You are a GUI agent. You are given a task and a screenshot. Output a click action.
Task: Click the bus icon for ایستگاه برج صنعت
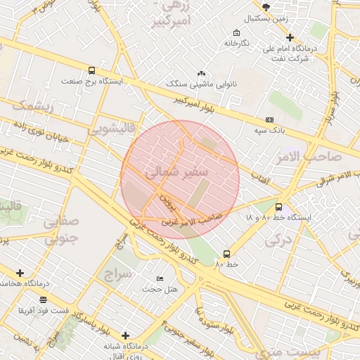[x=91, y=70]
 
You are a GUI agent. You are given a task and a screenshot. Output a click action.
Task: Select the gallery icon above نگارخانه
[x=236, y=33]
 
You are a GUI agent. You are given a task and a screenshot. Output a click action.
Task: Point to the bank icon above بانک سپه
[x=269, y=120]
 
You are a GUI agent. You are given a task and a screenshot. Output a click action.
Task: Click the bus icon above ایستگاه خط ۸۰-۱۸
[x=279, y=207]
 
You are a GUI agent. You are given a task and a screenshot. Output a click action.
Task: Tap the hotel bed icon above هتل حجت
[x=160, y=279]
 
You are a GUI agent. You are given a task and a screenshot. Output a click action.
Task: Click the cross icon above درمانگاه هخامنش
[x=20, y=273]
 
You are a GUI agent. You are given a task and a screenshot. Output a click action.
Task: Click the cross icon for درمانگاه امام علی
[x=289, y=37]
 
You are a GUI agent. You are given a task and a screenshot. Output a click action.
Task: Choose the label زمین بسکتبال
[x=266, y=18]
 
